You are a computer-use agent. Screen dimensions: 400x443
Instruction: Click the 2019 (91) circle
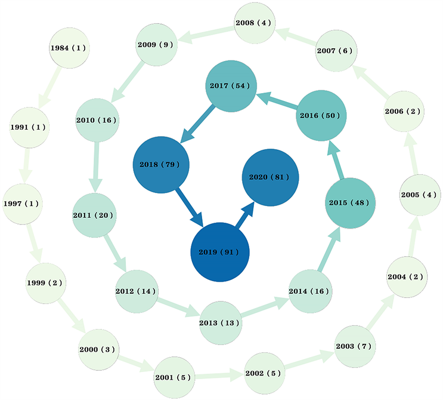click(219, 252)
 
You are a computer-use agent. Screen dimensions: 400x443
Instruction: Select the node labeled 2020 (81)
click(270, 177)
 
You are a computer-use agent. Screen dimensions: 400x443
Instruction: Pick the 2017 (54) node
click(231, 86)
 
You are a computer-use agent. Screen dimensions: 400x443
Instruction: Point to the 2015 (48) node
click(351, 203)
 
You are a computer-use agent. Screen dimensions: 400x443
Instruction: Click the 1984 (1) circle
click(67, 48)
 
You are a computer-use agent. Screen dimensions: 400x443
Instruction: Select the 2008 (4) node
click(255, 23)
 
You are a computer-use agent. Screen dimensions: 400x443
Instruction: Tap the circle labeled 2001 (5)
click(174, 377)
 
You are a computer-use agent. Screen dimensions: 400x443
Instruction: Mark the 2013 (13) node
click(221, 323)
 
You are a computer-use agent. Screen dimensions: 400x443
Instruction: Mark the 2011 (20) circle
click(94, 215)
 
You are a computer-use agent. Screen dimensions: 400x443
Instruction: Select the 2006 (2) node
click(404, 111)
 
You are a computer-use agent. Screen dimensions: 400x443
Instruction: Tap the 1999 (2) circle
click(45, 282)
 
